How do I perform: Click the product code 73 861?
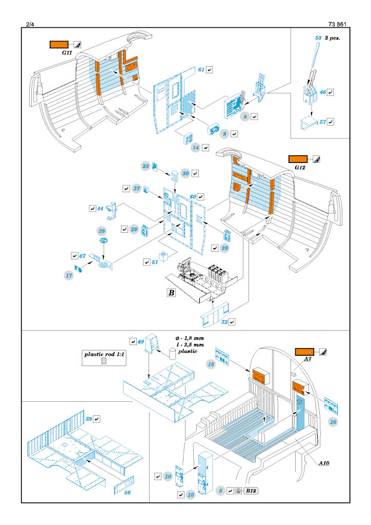tap(338, 23)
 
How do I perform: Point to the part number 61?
tap(201, 69)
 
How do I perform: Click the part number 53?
tap(318, 37)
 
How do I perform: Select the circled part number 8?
tap(246, 117)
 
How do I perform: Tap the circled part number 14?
tap(196, 147)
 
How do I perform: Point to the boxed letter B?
tap(171, 293)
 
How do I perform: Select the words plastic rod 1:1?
tap(104, 354)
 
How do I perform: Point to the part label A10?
tap(324, 463)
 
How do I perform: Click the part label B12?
tap(251, 491)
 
